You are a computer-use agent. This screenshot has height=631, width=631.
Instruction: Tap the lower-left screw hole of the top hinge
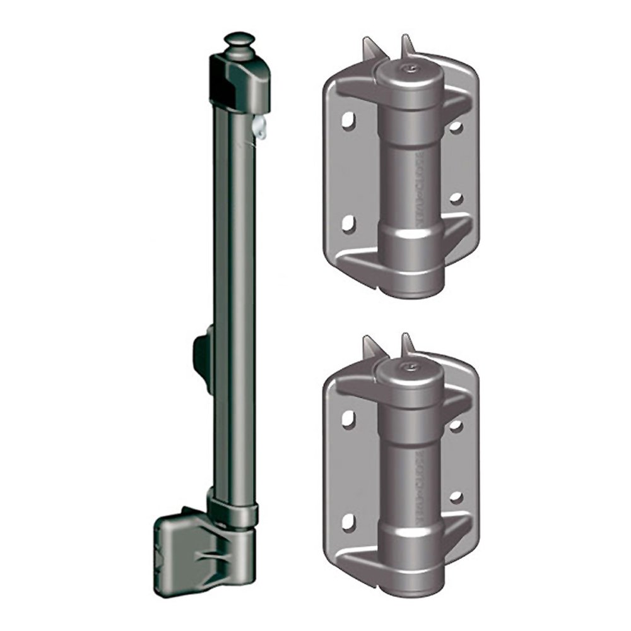[x=347, y=224]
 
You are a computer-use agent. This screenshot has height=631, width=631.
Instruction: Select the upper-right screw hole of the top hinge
[x=456, y=127]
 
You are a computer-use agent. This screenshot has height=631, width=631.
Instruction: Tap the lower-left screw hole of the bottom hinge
[x=347, y=521]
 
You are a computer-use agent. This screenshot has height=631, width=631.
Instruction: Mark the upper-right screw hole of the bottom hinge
[x=456, y=426]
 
